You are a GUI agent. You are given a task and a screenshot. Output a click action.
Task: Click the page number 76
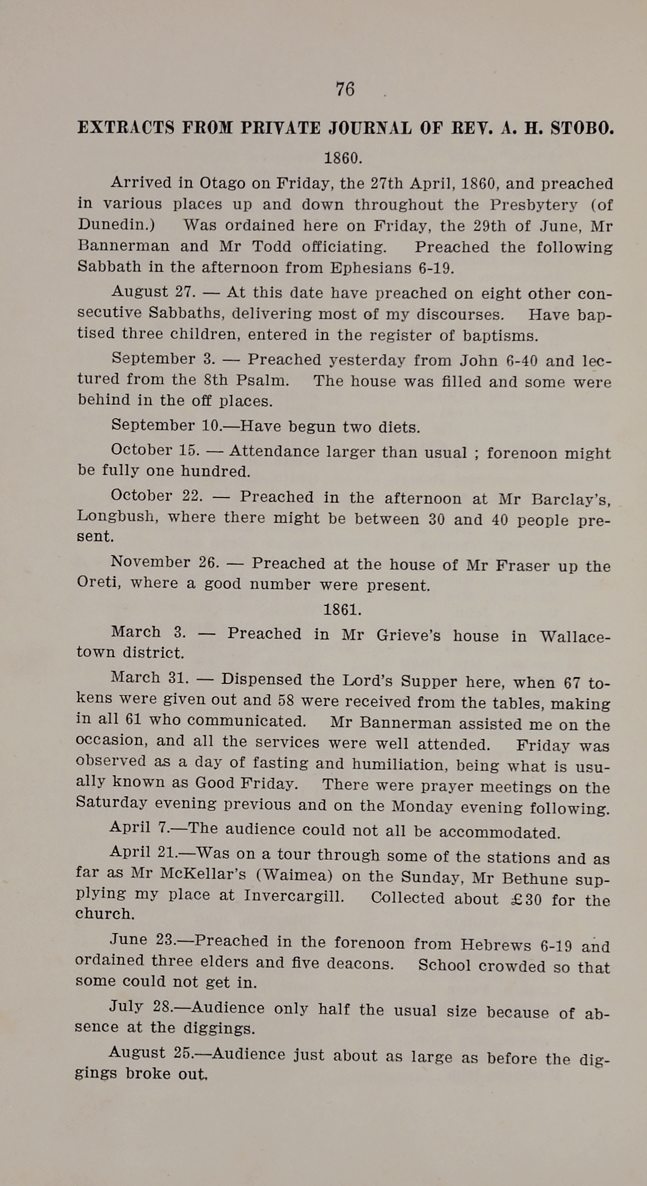[345, 89]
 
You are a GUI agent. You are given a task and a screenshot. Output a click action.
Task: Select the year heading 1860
[343, 158]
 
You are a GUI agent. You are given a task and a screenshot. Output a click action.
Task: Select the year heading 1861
[342, 610]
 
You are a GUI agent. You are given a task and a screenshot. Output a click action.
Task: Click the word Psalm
[262, 381]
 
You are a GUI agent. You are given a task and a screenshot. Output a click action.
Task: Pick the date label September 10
[166, 425]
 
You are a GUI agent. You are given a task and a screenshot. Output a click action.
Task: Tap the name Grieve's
[408, 635]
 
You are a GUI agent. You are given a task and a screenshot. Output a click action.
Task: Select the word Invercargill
[294, 896]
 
